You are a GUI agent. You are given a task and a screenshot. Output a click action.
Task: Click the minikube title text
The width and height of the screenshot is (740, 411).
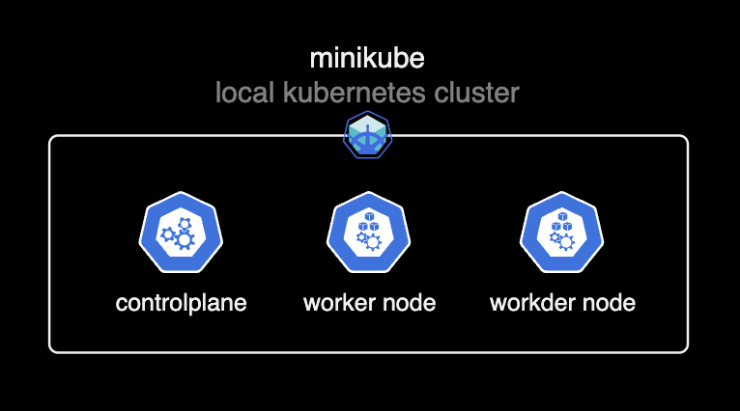point(367,59)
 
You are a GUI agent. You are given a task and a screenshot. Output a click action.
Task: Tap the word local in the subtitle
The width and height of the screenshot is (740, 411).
point(242,94)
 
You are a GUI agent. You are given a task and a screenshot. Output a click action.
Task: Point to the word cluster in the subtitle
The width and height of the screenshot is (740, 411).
point(480,94)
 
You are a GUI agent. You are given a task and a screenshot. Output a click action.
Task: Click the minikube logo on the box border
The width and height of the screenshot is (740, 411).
point(368,136)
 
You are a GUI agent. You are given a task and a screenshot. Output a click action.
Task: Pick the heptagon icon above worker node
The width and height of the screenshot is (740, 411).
point(369,234)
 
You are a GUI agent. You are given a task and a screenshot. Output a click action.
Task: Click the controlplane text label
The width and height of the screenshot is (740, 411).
point(181,303)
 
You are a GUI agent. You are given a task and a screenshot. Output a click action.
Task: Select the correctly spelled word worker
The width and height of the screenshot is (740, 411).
point(339,303)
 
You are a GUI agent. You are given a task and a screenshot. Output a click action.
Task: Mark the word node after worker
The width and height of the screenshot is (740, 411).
point(409,303)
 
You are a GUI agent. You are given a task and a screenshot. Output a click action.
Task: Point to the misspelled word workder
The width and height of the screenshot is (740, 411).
point(532,303)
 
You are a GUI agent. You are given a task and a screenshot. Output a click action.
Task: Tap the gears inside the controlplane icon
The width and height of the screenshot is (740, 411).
point(179,235)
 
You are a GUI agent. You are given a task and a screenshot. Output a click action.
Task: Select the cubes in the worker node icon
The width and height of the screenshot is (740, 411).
point(368,225)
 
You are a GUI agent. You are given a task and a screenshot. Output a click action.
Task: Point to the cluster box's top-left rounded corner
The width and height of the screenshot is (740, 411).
point(52,139)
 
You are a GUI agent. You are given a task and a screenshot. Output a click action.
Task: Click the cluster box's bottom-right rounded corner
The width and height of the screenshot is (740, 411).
point(685,348)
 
